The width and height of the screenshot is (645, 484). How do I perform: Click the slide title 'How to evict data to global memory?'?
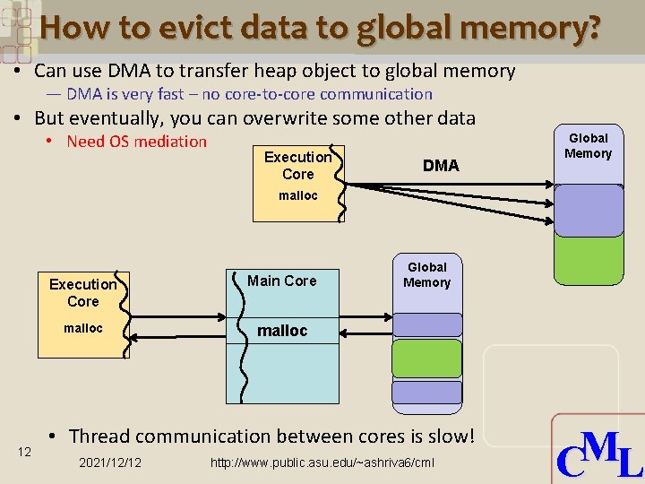point(321,29)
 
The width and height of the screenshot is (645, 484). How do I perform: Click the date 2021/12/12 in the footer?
point(109,462)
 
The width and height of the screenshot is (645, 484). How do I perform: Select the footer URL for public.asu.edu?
point(322,462)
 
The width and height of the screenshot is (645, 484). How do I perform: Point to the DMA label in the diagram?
point(440,166)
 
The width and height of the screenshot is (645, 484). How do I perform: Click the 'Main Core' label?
point(281,281)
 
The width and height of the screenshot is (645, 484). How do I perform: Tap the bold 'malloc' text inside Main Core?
point(282,331)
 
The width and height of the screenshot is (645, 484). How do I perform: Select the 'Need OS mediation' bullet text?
point(136,142)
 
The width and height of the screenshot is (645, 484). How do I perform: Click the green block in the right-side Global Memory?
point(588,259)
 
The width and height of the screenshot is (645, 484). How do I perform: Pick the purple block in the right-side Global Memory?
point(588,210)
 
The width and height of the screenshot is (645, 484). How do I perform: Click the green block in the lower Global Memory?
point(427,358)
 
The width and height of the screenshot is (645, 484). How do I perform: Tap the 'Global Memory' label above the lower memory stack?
point(427,274)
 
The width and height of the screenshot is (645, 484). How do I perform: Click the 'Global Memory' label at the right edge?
point(588,145)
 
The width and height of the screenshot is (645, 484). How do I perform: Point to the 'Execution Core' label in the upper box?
point(297,165)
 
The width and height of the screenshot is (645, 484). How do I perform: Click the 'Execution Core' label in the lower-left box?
point(82,292)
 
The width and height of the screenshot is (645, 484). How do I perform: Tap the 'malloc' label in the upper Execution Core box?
point(297,195)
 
